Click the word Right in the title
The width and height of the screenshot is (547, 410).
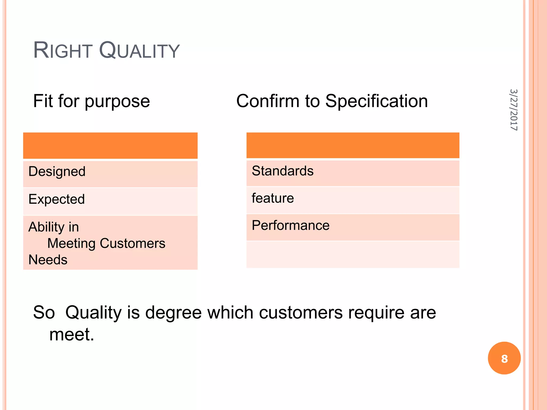coord(63,50)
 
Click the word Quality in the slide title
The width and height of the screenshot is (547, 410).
coord(139,50)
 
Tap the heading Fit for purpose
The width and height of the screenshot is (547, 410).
coord(91,101)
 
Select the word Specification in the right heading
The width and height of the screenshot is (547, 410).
coord(376,101)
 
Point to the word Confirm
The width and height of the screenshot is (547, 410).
coord(268,101)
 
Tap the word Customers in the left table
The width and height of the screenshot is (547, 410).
coord(132,243)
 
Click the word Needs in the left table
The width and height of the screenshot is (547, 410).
coord(48,260)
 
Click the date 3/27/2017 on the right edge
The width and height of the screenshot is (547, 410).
coord(513,110)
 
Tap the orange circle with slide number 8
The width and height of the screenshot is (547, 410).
coord(504,358)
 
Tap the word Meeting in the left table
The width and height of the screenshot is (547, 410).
coord(71,243)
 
